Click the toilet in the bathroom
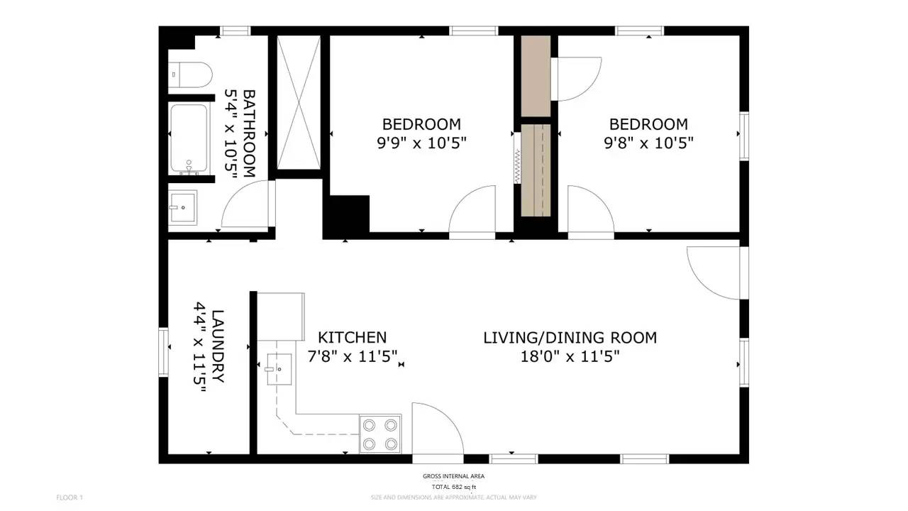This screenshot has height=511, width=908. tap(190, 74)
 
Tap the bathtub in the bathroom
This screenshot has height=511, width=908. tap(189, 138)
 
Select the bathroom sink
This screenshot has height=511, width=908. tap(183, 207)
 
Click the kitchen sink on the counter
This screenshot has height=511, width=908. tap(280, 368)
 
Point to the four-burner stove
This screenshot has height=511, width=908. tap(380, 434)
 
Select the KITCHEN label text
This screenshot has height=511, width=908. tap(352, 338)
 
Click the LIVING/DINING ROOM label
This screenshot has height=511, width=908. tap(570, 338)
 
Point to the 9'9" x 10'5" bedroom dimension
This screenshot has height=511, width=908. tap(421, 143)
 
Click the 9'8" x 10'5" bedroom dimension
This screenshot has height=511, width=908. tap(648, 143)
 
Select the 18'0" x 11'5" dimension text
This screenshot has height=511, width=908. tap(570, 356)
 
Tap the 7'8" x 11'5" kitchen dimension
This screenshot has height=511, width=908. tap(352, 356)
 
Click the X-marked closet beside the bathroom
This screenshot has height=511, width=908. tap(299, 102)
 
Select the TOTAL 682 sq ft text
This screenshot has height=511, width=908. tap(453, 487)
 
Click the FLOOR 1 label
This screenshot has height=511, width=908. tap(70, 498)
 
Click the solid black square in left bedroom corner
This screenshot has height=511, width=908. tap(347, 216)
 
